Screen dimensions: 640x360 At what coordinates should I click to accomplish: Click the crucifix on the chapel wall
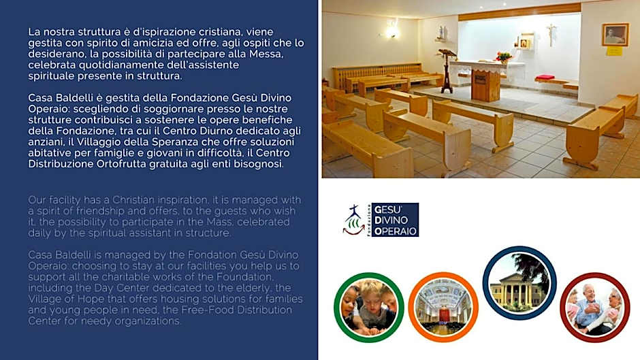click(x=551, y=34)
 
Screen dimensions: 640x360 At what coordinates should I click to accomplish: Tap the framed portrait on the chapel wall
click(x=615, y=34)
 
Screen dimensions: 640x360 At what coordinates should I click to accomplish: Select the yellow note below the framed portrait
click(x=614, y=52)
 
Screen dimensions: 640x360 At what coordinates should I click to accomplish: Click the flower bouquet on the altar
click(x=504, y=57)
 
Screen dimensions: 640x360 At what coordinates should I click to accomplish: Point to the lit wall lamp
click(x=391, y=30)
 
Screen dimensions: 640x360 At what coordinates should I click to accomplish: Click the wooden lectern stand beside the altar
click(x=447, y=70)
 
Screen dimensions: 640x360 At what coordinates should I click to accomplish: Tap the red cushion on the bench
click(x=545, y=77)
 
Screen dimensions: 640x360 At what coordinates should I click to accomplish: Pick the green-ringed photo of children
click(x=369, y=308)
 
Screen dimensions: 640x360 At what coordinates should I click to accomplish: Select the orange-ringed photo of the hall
click(x=443, y=308)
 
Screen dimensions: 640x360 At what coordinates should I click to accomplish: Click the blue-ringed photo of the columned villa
click(x=519, y=283)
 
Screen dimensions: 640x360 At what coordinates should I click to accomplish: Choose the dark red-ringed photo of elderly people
click(x=594, y=308)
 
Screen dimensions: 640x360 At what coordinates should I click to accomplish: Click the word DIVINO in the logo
click(x=391, y=220)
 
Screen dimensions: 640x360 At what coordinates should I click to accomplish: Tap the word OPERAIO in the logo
click(x=395, y=231)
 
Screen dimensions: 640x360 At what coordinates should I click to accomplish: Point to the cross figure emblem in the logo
click(x=353, y=220)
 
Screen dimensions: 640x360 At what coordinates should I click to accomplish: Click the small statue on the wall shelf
click(x=441, y=32)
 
